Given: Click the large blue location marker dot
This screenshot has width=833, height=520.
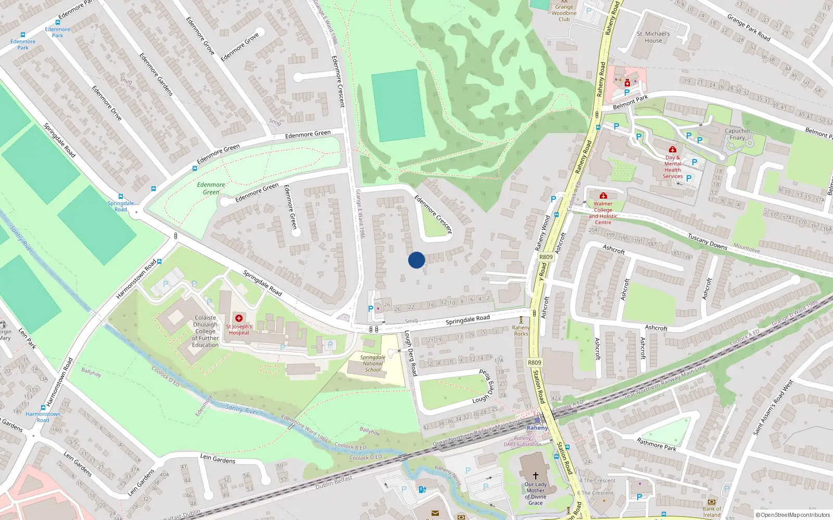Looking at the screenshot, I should [416, 260].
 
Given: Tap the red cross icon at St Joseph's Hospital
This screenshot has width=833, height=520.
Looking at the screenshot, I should [239, 318].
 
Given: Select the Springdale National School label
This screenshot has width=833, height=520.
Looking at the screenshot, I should [373, 363].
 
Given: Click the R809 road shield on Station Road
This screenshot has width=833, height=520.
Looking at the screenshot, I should [535, 362].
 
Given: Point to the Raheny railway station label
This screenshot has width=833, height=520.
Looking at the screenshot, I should [537, 428].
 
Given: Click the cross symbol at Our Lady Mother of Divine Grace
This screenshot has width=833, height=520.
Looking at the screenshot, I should [535, 475].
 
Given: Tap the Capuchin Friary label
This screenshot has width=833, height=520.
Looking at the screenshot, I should [737, 134].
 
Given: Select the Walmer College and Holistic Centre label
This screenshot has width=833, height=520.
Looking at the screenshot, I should [603, 213].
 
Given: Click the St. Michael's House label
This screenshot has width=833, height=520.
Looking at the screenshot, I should [653, 37].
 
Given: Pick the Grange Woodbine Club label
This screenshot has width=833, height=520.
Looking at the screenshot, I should [564, 13].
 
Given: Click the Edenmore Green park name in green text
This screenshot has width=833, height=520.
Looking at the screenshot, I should [211, 188].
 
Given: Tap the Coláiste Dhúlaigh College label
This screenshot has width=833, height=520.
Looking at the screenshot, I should [205, 331].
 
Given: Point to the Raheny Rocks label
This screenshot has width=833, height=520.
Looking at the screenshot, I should [521, 331].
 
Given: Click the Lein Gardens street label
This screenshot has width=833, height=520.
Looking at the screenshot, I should [218, 458].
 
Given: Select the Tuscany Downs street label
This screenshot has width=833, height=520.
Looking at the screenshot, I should [708, 241].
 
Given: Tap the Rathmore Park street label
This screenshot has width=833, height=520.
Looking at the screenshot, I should [657, 444].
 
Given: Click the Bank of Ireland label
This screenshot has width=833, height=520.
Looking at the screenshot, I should [712, 512].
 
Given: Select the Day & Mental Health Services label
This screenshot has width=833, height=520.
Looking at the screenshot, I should [673, 166].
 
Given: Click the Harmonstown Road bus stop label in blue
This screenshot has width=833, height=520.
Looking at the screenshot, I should [43, 417].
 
